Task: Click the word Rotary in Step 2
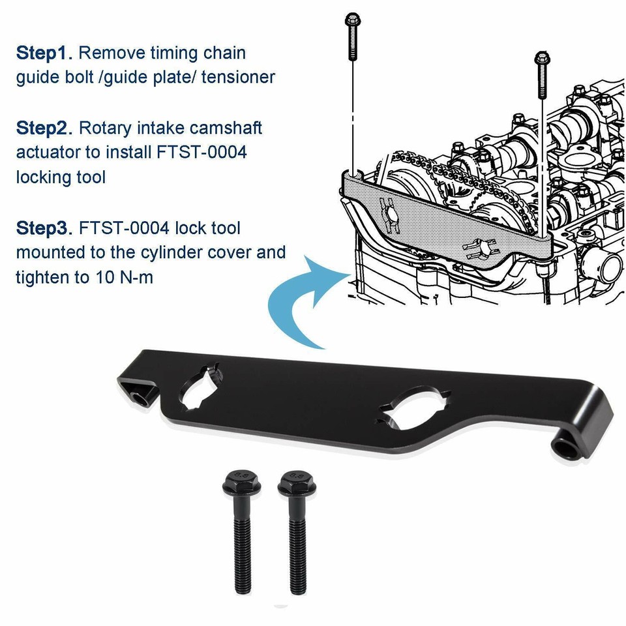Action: click(112, 127)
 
